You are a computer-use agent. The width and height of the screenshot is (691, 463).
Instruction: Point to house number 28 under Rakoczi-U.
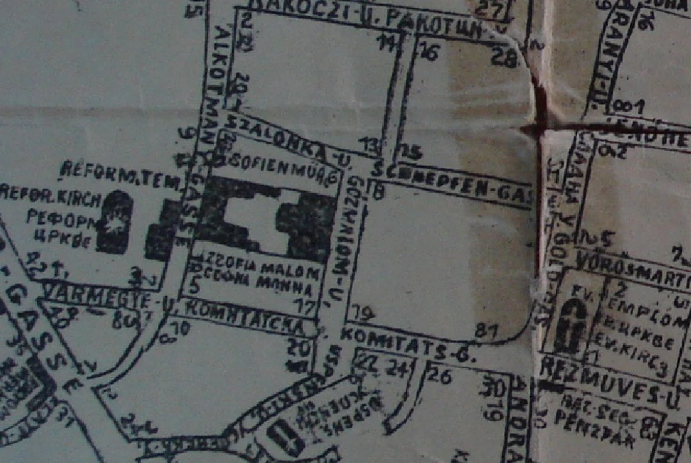click(504, 56)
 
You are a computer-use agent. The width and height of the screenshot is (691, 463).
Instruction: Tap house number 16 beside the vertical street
click(430, 53)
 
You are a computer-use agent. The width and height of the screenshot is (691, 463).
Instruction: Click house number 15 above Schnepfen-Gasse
click(412, 152)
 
